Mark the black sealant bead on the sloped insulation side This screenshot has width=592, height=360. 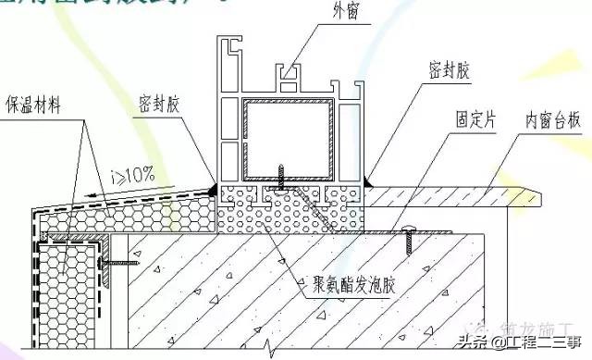point(212,188)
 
